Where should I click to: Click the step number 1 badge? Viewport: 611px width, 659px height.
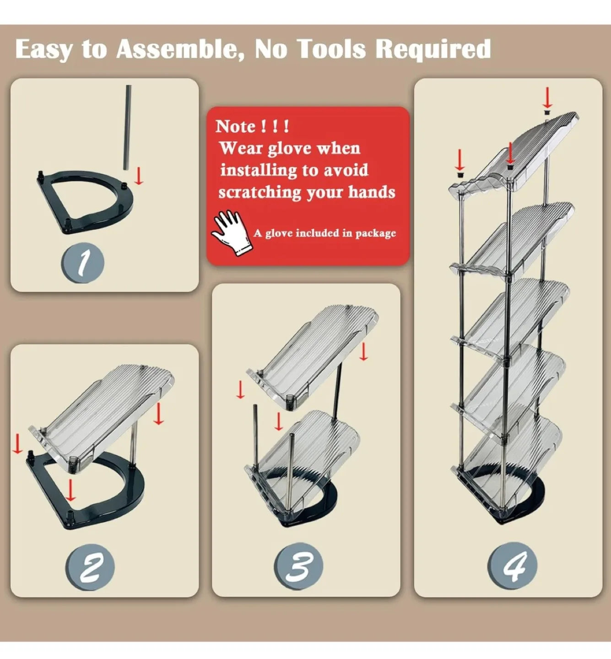[x=83, y=263]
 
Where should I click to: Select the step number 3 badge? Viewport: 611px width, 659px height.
[x=298, y=567]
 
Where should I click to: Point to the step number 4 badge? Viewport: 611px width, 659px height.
[x=513, y=566]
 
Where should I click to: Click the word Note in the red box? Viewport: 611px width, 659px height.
[x=236, y=126]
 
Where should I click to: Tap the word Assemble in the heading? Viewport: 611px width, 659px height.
[x=180, y=49]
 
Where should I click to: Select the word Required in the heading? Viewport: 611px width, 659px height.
[x=433, y=49]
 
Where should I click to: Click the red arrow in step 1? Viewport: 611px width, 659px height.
[x=139, y=175]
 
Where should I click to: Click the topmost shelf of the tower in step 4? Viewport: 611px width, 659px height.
[x=522, y=153]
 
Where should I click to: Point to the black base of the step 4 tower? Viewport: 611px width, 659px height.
[x=526, y=503]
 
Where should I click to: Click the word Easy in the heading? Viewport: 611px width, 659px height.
[x=43, y=49]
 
